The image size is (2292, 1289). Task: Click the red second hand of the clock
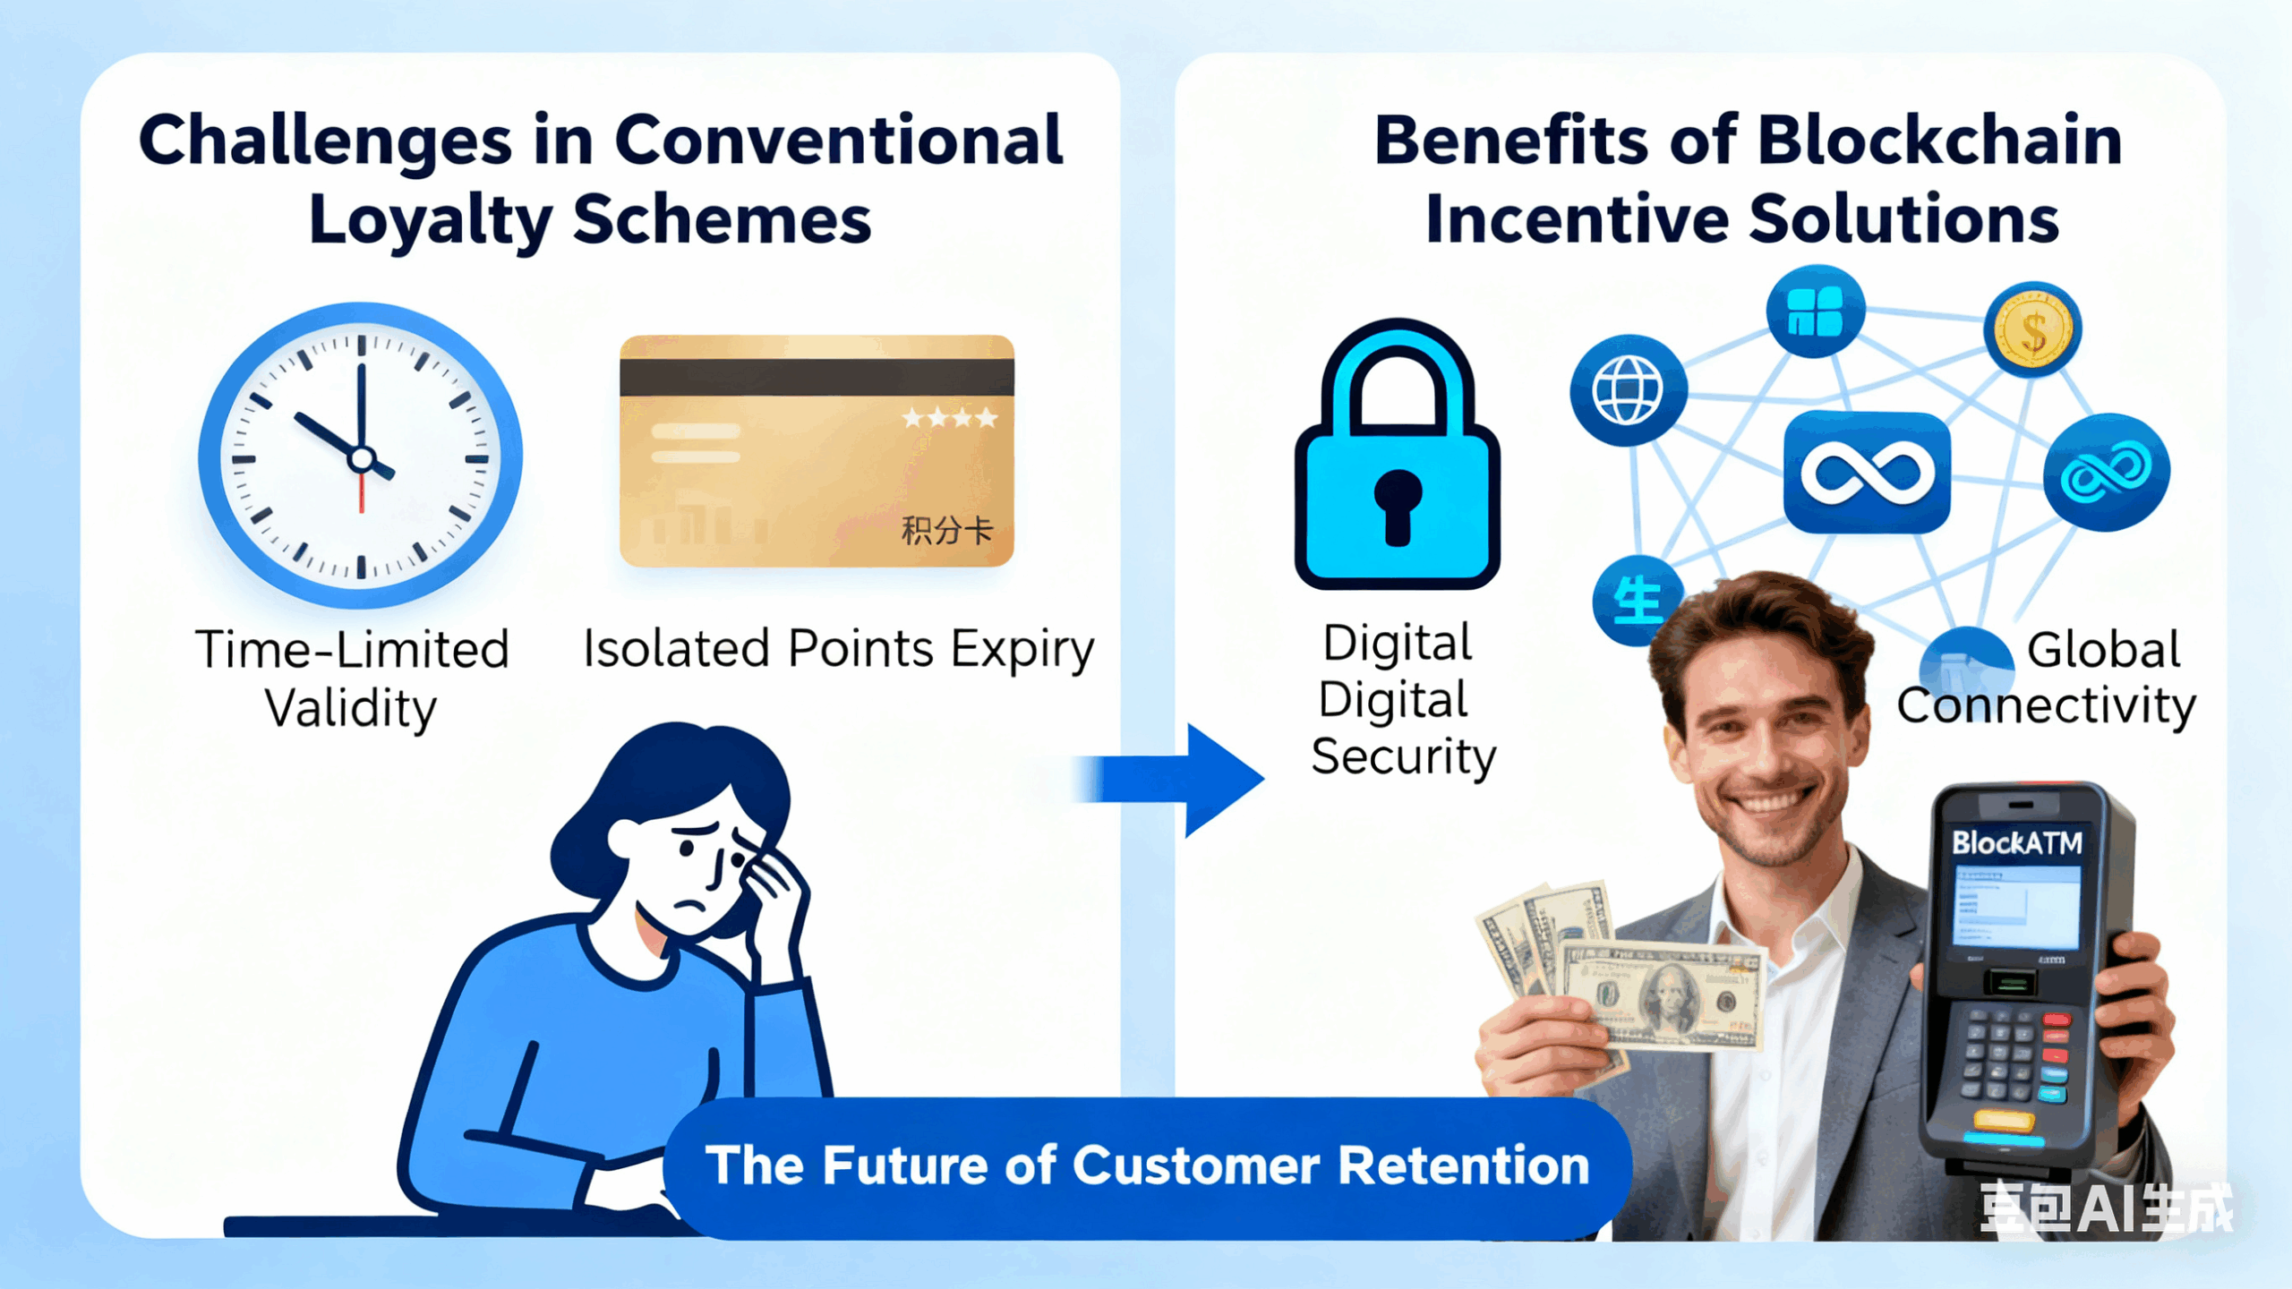[x=362, y=492]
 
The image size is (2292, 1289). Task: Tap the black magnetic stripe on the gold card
[x=817, y=378]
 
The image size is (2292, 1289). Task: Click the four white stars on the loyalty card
[x=949, y=418]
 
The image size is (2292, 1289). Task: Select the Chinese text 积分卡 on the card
[x=946, y=531]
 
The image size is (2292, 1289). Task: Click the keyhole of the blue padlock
[x=1398, y=506]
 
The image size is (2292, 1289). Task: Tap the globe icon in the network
[x=1628, y=389]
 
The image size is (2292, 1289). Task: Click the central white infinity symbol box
[x=1867, y=473]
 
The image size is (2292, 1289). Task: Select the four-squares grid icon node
[x=1815, y=312]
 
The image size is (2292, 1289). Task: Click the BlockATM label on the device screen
[x=2016, y=842]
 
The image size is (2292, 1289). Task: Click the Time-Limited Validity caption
[x=352, y=678]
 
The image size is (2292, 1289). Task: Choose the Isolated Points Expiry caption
[x=838, y=648]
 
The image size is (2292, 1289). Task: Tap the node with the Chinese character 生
[x=1637, y=601]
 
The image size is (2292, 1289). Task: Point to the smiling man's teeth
[x=1768, y=799]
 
